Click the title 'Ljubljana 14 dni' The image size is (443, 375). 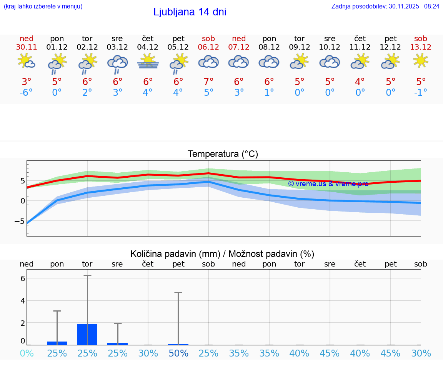point(190,12)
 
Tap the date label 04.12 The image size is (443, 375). point(148,47)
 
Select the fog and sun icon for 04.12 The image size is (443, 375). point(148,62)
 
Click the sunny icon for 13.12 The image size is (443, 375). point(421,60)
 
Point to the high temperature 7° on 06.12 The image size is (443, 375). point(208,82)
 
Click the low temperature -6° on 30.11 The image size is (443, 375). point(27,92)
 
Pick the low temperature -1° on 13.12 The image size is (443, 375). point(421,92)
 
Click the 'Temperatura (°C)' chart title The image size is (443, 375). point(223,154)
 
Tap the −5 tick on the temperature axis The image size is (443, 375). point(20,221)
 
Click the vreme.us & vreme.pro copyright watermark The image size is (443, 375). point(328,184)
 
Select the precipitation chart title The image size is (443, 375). point(222,254)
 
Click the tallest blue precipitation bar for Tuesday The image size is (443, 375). point(87,335)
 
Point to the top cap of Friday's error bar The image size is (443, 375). point(178,293)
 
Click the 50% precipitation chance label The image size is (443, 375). point(178,353)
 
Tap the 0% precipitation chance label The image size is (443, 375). point(27,353)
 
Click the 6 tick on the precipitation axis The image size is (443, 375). point(23,278)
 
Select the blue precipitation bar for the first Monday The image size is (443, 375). point(57,343)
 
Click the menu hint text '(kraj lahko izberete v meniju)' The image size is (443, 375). point(43,6)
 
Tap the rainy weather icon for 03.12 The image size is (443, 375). point(117,63)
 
